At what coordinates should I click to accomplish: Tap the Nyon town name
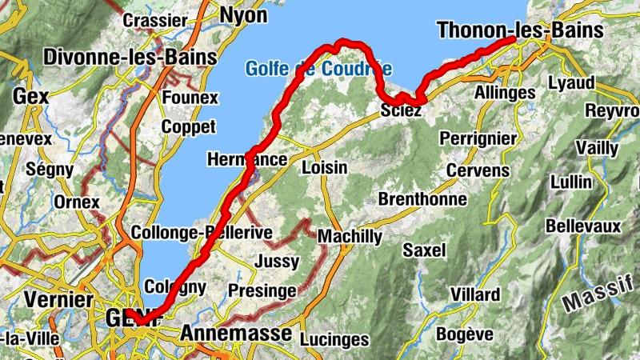[243, 15]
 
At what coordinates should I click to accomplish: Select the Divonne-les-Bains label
[130, 58]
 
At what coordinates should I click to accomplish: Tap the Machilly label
[350, 237]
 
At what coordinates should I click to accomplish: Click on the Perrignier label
[478, 138]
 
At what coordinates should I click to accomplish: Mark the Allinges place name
[505, 93]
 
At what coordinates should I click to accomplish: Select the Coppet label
[188, 126]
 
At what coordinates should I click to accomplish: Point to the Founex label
[190, 98]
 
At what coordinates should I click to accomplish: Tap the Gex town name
[30, 96]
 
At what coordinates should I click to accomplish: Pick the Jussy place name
[276, 262]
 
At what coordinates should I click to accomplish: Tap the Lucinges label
[334, 340]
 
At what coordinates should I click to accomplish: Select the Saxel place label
[424, 250]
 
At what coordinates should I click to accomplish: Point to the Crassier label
[156, 20]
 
